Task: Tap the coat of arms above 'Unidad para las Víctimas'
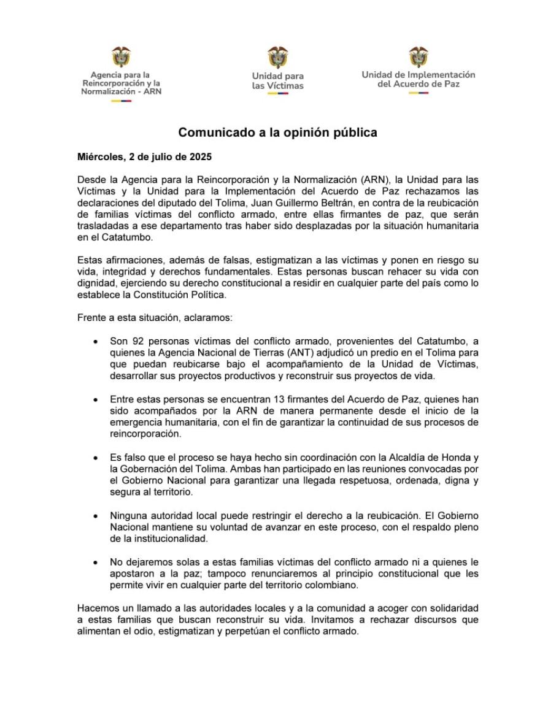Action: pos(278,56)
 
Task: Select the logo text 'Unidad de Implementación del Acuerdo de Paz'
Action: pos(419,79)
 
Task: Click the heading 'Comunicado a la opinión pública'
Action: pos(278,133)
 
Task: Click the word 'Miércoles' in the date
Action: pos(99,157)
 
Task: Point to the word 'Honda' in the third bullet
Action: pos(456,458)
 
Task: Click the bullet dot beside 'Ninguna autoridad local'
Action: pos(95,517)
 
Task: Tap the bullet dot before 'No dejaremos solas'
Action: pos(95,563)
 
